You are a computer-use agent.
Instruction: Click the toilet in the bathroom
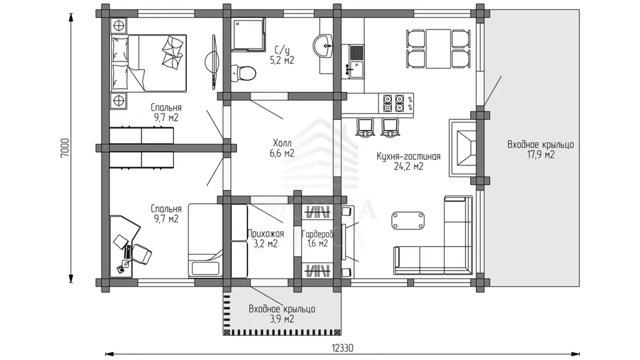(244, 73)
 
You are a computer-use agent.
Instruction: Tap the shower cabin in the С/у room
(248, 34)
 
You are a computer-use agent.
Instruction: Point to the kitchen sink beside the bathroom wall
(356, 61)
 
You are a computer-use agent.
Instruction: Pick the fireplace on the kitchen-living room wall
(463, 148)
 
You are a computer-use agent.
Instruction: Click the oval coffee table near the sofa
(407, 221)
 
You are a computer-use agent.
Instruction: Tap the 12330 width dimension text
(342, 348)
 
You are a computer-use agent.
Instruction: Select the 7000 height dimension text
(65, 148)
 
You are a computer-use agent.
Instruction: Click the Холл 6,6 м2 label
(282, 148)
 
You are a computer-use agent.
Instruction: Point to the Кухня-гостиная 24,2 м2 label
(409, 161)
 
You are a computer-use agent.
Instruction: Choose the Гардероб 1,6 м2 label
(317, 239)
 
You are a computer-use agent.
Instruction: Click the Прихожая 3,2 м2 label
(265, 239)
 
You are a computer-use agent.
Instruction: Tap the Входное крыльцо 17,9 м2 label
(541, 149)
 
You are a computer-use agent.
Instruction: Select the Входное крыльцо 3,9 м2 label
(282, 314)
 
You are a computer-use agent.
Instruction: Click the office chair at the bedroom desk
(141, 254)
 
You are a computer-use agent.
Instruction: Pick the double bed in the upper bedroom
(149, 62)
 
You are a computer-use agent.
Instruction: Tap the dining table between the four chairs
(439, 49)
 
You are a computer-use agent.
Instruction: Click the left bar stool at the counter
(365, 127)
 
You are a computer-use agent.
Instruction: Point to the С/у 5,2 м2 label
(281, 55)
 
